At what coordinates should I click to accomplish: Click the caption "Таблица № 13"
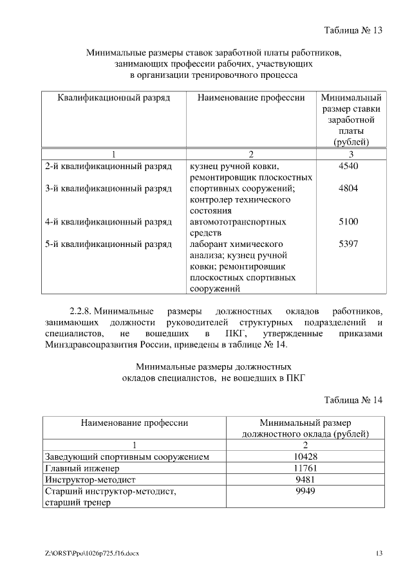point(353,30)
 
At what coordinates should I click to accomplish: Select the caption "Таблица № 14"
point(353,399)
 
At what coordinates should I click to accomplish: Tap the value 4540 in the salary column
point(348,167)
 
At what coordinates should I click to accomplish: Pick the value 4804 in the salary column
point(348,188)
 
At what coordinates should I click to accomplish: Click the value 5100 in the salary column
point(348,222)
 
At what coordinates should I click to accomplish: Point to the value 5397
point(348,244)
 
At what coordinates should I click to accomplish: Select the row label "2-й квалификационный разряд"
point(108,167)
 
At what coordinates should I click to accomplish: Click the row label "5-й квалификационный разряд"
point(108,244)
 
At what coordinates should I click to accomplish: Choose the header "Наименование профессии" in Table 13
point(251,98)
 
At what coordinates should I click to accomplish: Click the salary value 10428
point(305,457)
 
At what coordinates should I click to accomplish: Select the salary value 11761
point(305,468)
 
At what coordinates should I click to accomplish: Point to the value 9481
point(305,480)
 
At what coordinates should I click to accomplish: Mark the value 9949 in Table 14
point(305,491)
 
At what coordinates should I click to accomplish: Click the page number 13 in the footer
point(379,554)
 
